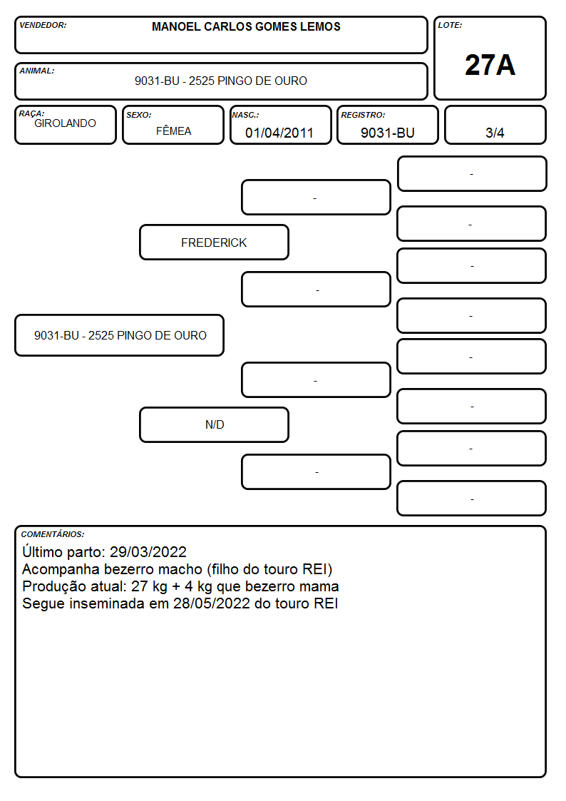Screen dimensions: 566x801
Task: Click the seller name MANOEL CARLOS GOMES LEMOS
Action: pyautogui.click(x=246, y=26)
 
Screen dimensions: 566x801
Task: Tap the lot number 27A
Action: pyautogui.click(x=490, y=65)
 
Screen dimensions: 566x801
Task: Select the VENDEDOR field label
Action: pyautogui.click(x=43, y=25)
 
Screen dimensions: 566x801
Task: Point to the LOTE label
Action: pyautogui.click(x=450, y=25)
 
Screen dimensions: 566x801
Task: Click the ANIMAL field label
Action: pyautogui.click(x=37, y=71)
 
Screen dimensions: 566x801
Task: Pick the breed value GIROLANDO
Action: pyautogui.click(x=65, y=123)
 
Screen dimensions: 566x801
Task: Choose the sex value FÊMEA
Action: pyautogui.click(x=173, y=131)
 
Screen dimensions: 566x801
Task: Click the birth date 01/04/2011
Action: pyautogui.click(x=279, y=133)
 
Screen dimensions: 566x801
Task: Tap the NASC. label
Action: pyautogui.click(x=245, y=116)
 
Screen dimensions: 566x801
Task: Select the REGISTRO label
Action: pyautogui.click(x=363, y=116)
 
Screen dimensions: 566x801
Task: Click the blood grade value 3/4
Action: pyautogui.click(x=495, y=133)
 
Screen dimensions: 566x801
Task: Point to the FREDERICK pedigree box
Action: pyautogui.click(x=215, y=242)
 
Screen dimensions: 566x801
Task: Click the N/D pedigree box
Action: pyautogui.click(x=215, y=424)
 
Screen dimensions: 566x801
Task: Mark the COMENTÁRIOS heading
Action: pyautogui.click(x=53, y=534)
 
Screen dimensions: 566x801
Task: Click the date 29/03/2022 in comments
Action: pyautogui.click(x=148, y=551)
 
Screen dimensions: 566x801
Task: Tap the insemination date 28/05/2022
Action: pyautogui.click(x=212, y=603)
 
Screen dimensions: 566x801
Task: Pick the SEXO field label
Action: pyautogui.click(x=139, y=116)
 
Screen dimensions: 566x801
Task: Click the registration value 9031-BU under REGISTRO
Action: pyautogui.click(x=387, y=133)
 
